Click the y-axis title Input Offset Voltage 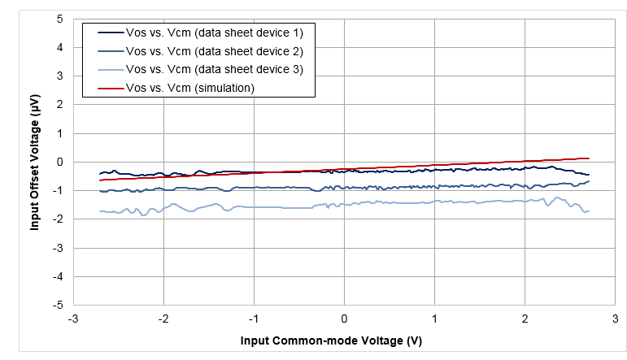(x=35, y=162)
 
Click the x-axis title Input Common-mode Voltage (x=330, y=339)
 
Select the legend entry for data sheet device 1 (x=214, y=33)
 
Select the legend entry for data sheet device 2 (x=214, y=50)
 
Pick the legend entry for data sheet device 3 (x=214, y=69)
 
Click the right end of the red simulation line (x=588, y=158)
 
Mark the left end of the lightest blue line (x=100, y=211)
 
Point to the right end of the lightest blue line (x=588, y=210)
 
